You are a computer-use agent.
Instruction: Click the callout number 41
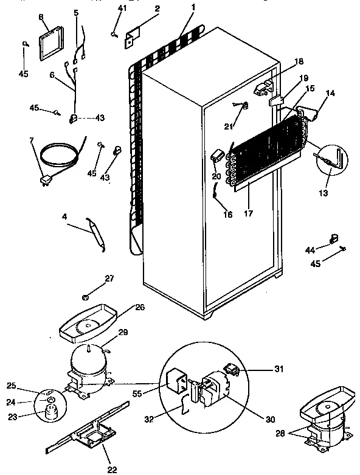[x=123, y=8]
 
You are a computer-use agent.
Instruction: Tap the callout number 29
[x=123, y=333]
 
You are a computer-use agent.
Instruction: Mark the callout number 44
[x=309, y=249]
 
